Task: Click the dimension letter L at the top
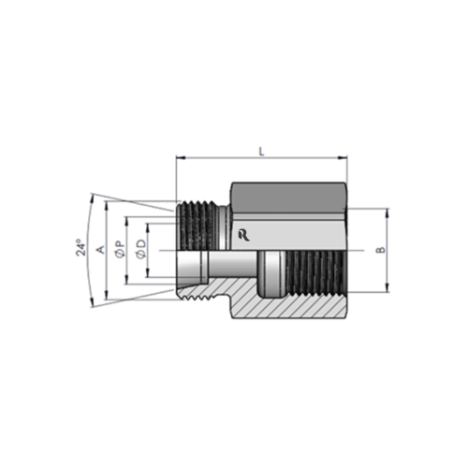[260, 149]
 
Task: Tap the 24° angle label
[81, 249]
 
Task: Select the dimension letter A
[99, 249]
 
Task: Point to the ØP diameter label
[119, 249]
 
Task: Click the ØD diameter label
[140, 249]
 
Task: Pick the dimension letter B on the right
[379, 250]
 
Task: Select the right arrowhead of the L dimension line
[345, 156]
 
